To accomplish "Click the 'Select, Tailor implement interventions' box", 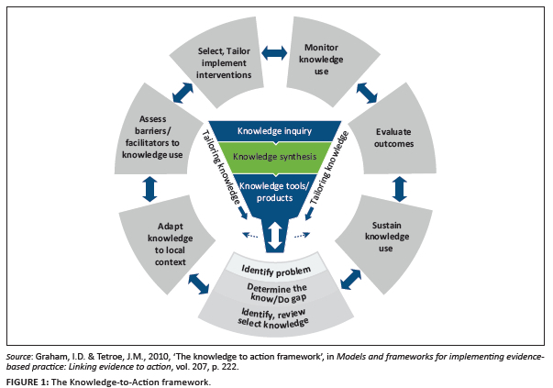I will click(226, 62).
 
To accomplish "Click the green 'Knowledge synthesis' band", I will click(275, 157).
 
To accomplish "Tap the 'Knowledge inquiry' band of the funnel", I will click(275, 131).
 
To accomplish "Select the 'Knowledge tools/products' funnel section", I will click(275, 191).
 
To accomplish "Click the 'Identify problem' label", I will click(275, 270).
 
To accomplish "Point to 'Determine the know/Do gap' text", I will click(275, 294).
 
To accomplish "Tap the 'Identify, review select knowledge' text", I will click(275, 318).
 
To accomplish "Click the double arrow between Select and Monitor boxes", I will click(273, 55).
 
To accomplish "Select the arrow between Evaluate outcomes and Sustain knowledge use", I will click(399, 189).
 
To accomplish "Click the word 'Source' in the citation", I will click(19, 354).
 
